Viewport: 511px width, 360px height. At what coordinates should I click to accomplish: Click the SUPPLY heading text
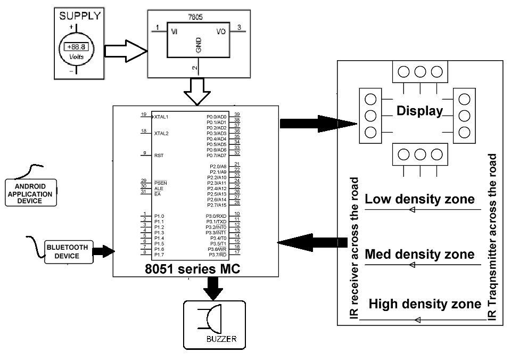79,16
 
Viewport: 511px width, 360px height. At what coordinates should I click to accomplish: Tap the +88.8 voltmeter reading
76,47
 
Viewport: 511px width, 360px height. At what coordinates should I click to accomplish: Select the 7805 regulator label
195,17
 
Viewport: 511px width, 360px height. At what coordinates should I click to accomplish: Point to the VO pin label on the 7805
221,31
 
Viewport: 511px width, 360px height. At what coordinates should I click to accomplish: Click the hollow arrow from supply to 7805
125,51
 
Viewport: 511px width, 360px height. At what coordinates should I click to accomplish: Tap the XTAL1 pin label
161,116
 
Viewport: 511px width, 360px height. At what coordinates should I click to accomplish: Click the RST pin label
158,156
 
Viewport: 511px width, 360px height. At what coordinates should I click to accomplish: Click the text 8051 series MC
192,269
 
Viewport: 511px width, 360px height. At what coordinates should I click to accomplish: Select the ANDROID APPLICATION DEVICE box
30,194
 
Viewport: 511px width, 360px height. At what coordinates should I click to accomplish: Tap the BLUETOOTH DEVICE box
67,252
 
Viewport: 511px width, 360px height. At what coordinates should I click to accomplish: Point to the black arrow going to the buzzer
213,288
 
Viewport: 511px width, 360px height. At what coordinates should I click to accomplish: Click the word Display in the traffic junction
419,111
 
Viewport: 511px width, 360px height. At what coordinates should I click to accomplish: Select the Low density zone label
419,199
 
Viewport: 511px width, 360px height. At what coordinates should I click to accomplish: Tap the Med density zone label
419,254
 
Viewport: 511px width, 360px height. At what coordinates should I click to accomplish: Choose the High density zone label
425,304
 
